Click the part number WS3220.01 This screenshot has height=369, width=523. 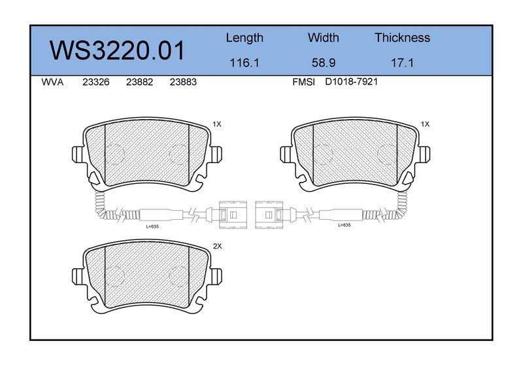[x=117, y=50]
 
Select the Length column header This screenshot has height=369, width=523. [x=245, y=39]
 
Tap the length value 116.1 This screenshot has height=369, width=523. [x=245, y=63]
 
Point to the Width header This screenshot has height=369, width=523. [x=323, y=37]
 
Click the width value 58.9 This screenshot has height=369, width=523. [x=323, y=63]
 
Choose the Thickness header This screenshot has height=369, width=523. [x=402, y=37]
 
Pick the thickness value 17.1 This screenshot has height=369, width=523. [x=402, y=63]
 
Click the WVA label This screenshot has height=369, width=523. [x=52, y=82]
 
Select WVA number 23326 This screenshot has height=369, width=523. [x=95, y=82]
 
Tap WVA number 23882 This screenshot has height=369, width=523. [x=139, y=82]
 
